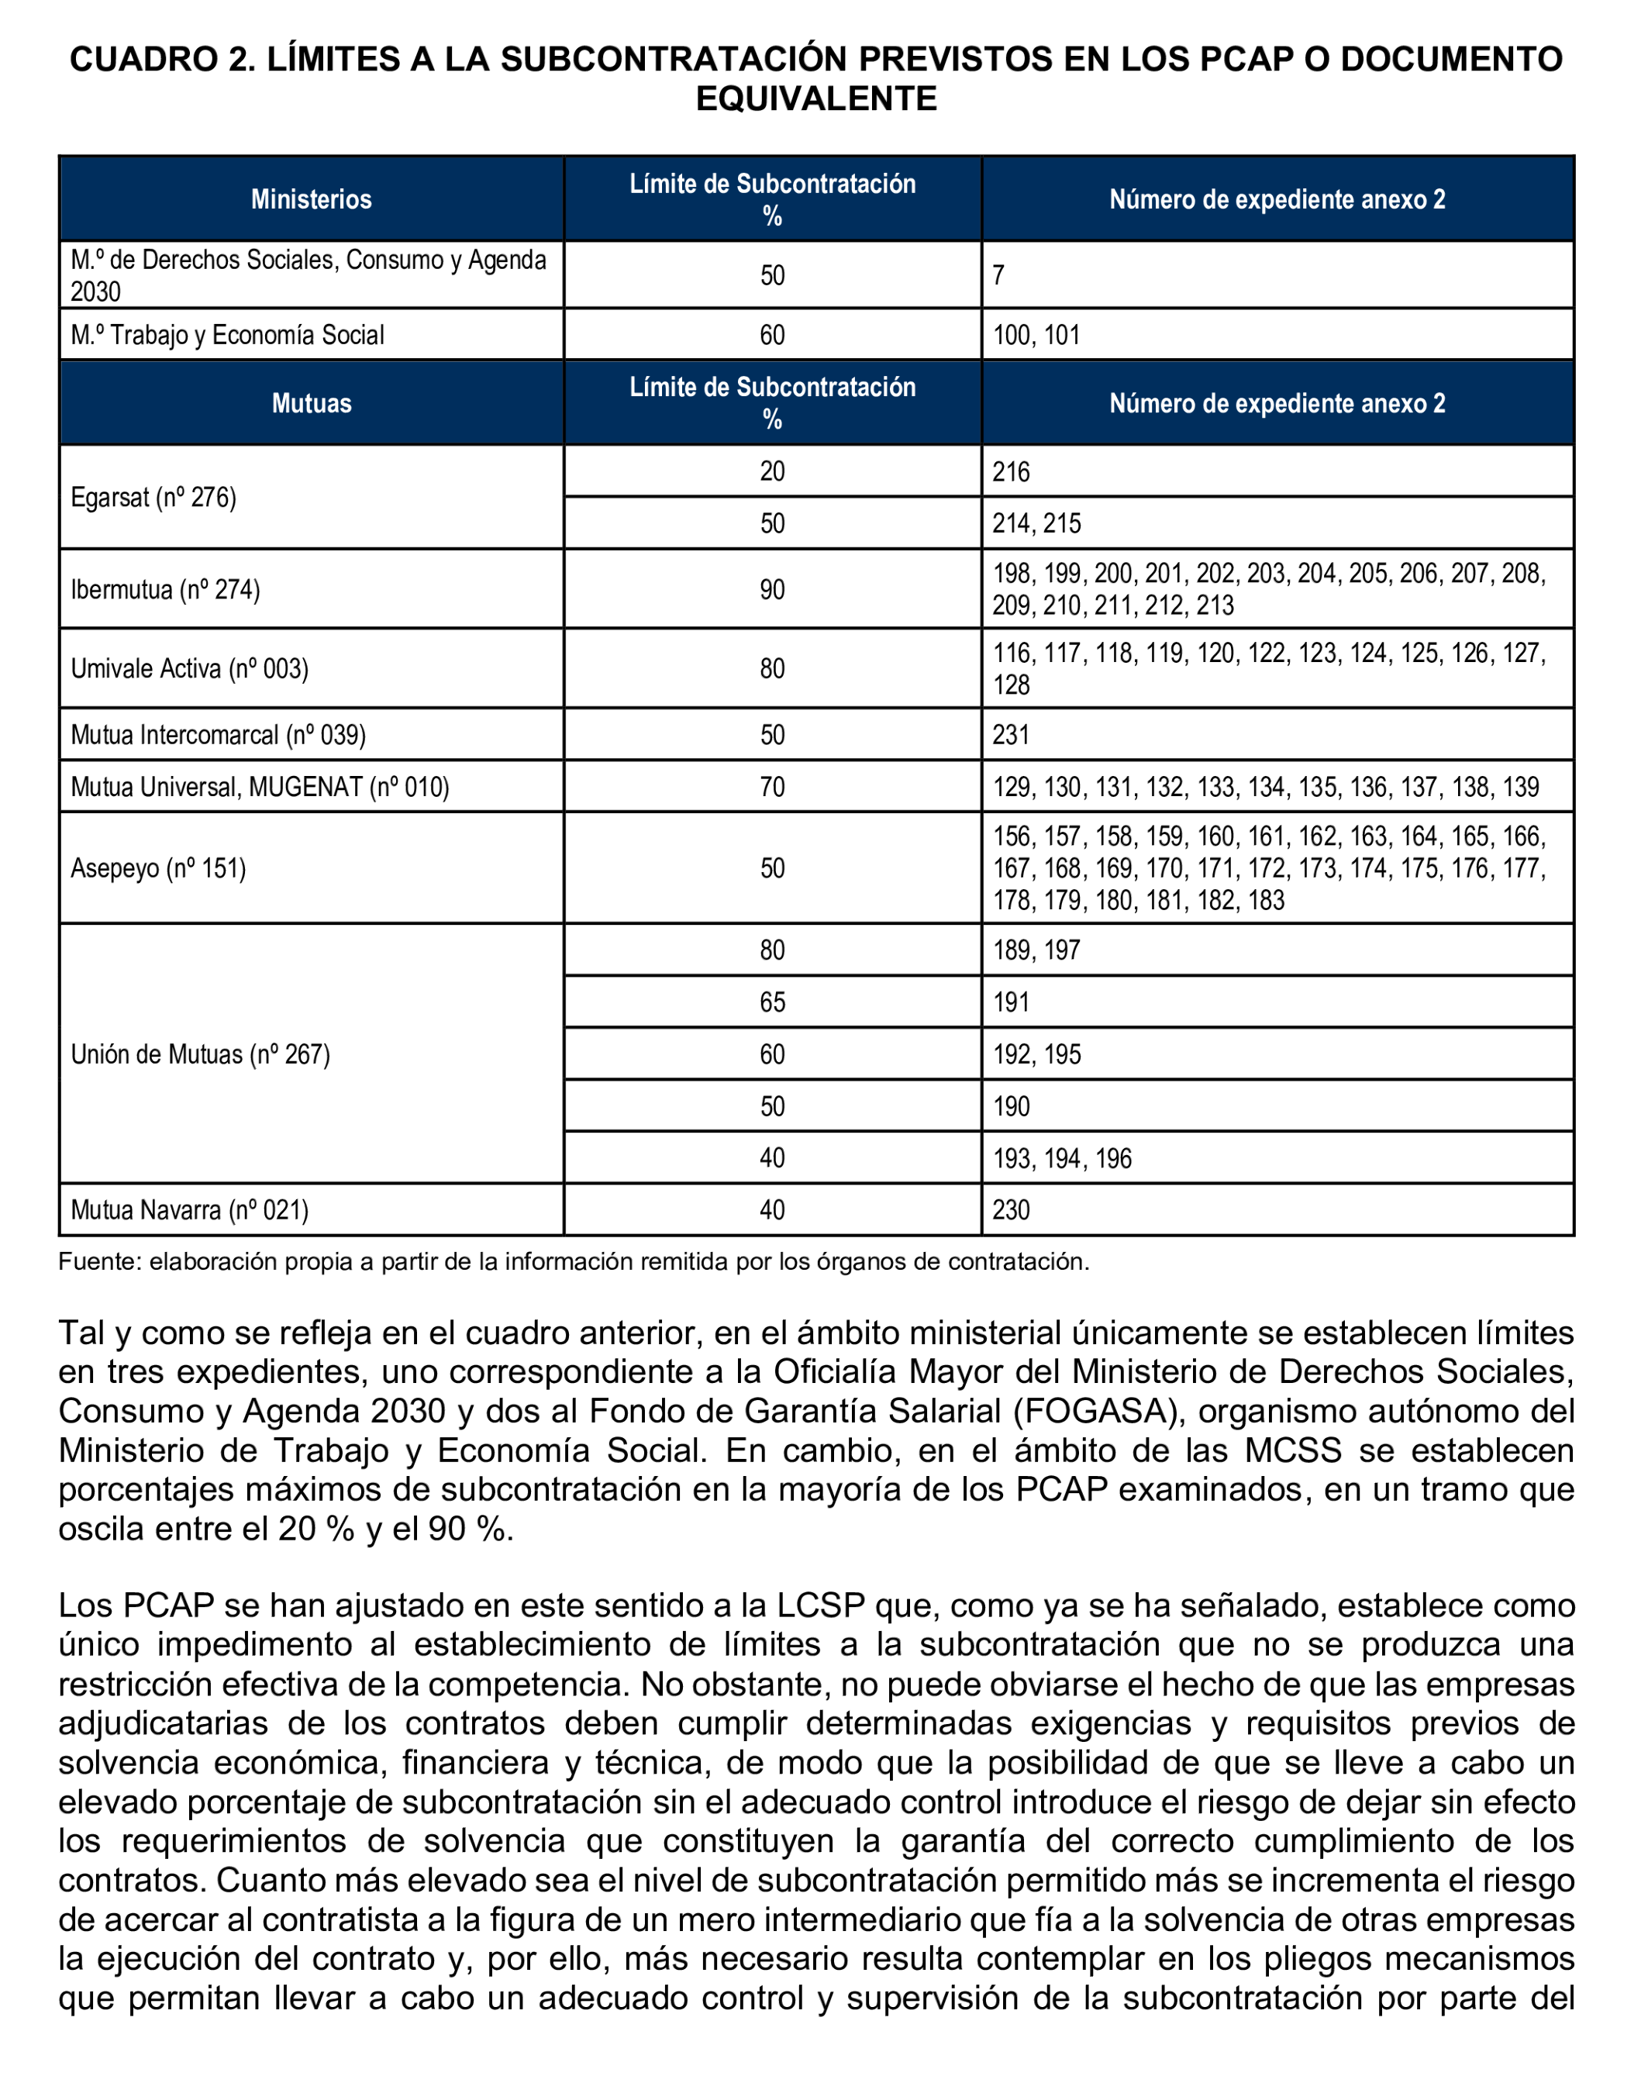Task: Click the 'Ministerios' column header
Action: coord(311,200)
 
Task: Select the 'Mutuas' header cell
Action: coord(311,403)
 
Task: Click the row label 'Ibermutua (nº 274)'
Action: coord(165,589)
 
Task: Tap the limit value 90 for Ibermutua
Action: coord(772,589)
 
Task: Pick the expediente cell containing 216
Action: coord(1011,472)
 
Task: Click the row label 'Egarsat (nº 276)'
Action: coord(153,498)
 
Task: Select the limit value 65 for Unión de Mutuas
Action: coord(772,1002)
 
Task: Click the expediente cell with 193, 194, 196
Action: coord(1061,1159)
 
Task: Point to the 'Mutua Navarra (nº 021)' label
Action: coord(189,1210)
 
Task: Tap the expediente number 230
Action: coord(1011,1210)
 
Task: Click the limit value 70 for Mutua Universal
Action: coord(772,788)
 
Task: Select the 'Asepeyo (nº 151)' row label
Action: coord(158,868)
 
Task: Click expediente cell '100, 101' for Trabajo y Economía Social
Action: coord(1036,336)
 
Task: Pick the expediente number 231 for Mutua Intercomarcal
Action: coord(1011,735)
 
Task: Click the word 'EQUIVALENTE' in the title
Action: coord(816,98)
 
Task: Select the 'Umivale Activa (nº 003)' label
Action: coord(189,668)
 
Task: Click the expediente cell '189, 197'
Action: coord(1036,950)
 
